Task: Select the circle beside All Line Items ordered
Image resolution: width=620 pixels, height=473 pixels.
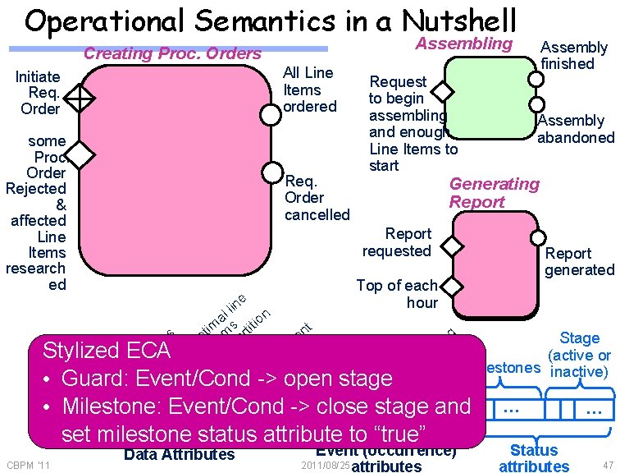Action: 271,114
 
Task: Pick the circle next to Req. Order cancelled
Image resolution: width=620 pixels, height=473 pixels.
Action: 271,172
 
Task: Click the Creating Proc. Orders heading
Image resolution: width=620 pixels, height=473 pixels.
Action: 173,54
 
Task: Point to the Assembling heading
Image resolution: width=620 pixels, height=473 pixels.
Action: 464,43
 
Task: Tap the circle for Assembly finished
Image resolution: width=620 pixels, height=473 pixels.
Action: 536,80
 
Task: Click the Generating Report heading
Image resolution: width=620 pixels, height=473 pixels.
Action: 494,192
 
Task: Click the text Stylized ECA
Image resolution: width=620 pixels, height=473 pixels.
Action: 106,351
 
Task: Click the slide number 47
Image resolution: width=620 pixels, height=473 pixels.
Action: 607,466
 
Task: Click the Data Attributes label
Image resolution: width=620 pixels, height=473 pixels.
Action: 179,454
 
